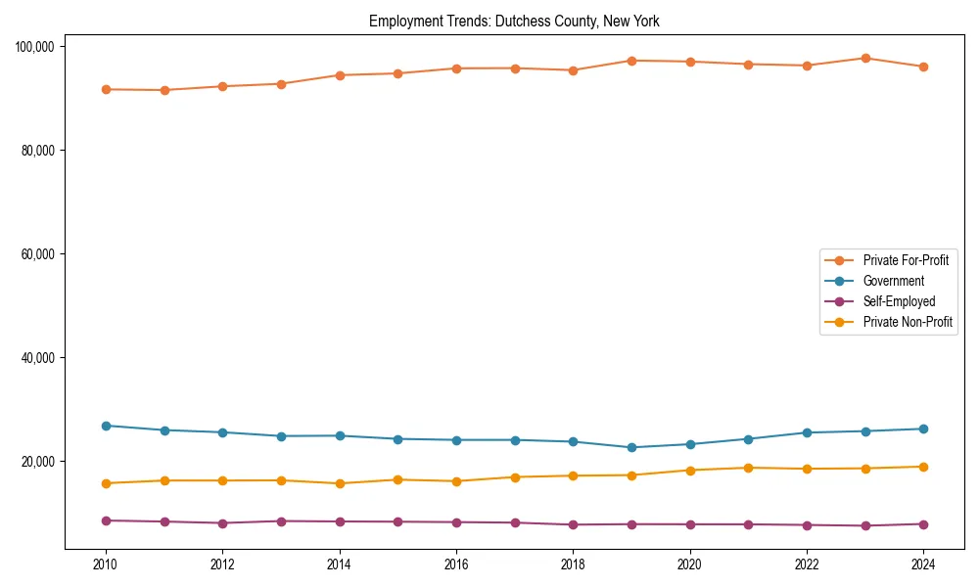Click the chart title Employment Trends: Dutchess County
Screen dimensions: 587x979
tap(514, 22)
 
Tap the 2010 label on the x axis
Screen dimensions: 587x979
tap(106, 564)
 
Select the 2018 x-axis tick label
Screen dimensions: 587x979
tap(573, 564)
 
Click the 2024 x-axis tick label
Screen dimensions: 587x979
tap(923, 564)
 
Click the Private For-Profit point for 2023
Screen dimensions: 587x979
tap(865, 59)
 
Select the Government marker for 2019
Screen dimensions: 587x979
tap(631, 447)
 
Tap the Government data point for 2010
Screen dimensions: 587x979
tap(106, 426)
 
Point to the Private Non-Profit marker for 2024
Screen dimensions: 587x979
tap(923, 467)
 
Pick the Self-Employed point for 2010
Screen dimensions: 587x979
tap(106, 520)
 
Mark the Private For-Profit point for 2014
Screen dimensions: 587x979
tap(340, 75)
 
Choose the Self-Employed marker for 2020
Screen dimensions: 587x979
tap(690, 524)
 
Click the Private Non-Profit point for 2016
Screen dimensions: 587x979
tap(456, 481)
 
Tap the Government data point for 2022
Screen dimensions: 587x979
tap(807, 432)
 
